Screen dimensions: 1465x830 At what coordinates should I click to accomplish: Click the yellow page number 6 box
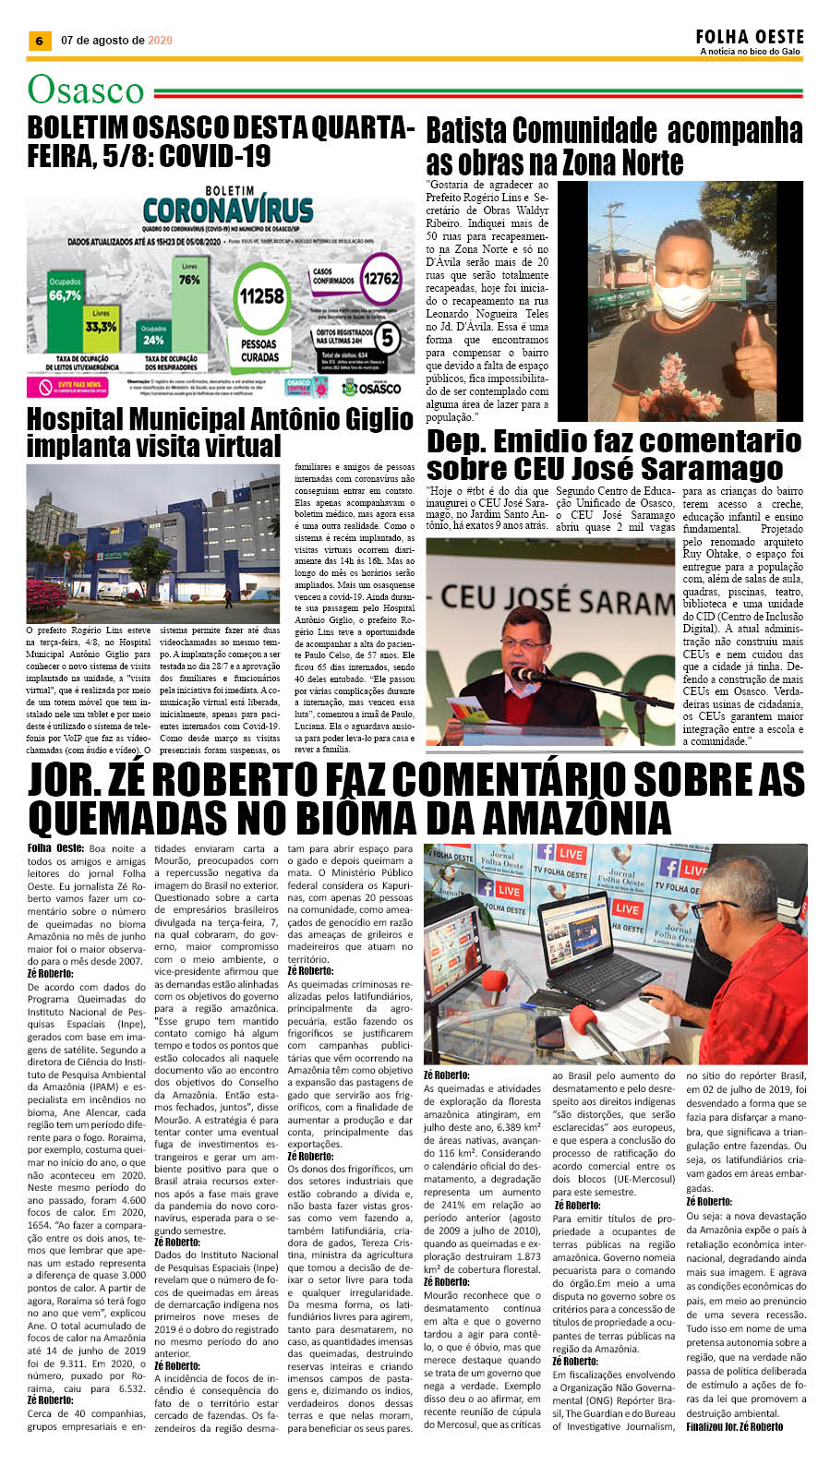click(x=38, y=41)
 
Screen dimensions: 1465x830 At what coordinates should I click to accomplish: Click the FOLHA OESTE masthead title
click(x=750, y=37)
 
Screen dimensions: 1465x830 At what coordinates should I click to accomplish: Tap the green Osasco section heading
click(x=86, y=90)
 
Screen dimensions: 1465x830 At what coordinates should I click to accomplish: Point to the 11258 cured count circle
click(x=261, y=296)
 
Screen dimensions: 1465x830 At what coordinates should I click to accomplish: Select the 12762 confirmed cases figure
click(x=380, y=279)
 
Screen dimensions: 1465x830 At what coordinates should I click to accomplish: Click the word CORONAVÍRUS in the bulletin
click(x=228, y=210)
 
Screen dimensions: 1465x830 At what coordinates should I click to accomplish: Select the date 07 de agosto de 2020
click(x=116, y=41)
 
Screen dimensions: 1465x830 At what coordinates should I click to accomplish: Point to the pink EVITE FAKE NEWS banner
click(x=79, y=386)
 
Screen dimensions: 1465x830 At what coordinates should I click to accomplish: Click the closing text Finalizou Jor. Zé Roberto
click(x=734, y=1426)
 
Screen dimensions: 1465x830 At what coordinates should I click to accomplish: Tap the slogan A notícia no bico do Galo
click(x=750, y=52)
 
